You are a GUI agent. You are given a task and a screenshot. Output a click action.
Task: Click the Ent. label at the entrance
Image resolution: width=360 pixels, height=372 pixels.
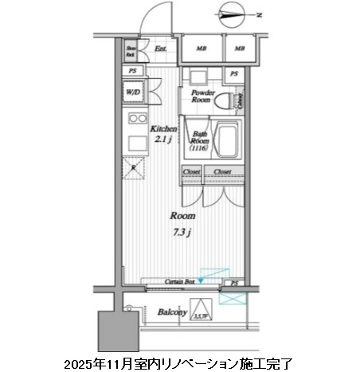coord(160,49)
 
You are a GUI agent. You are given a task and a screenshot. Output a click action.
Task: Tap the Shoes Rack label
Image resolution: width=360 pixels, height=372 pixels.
coord(131,53)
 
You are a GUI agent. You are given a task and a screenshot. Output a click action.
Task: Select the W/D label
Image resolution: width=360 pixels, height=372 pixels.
coord(132,92)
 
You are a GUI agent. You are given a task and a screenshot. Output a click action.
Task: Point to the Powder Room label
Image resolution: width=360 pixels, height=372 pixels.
coord(201,97)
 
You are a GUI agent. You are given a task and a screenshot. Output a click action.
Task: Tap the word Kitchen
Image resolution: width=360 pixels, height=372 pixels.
coord(164,128)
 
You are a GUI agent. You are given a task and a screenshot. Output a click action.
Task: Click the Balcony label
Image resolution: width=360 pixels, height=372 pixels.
coord(172,313)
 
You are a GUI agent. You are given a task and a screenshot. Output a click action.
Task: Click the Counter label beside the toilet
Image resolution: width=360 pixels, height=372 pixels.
coord(240,103)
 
